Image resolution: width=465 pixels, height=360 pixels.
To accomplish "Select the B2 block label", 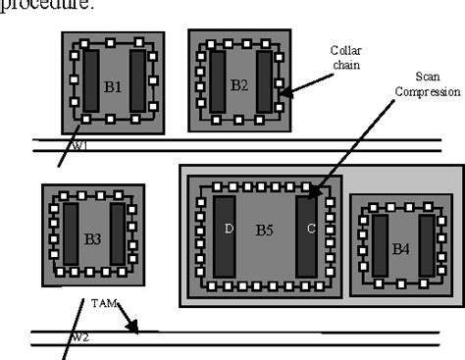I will point(239,84).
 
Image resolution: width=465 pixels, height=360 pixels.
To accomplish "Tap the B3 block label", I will point(93,237).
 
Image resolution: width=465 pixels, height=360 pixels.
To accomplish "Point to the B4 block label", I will point(401,248).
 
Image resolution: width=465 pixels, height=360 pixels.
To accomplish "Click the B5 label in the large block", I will point(265,231).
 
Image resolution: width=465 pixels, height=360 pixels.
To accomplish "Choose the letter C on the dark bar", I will point(310,231).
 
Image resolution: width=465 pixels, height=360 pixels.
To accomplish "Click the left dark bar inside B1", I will point(89,82).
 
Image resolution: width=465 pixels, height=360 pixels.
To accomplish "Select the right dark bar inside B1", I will point(137,82).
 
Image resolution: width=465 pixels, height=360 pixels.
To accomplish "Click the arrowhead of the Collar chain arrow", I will point(282,96).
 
